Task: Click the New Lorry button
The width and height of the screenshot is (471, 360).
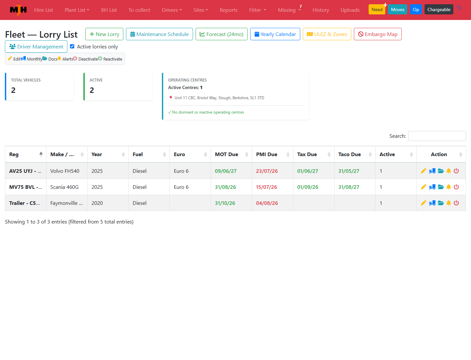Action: (104, 34)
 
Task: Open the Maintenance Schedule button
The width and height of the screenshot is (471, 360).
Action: (159, 34)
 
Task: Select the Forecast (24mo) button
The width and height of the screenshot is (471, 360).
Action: (221, 34)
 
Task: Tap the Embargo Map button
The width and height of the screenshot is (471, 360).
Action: (378, 34)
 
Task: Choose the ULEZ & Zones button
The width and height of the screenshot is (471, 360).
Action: (327, 34)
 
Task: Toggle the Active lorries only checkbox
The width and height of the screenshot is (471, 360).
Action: (72, 46)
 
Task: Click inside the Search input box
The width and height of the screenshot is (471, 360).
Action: (437, 136)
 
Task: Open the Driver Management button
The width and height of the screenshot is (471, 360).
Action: (36, 46)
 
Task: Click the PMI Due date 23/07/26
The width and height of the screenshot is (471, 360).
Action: (267, 171)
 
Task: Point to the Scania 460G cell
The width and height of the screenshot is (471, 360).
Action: (64, 187)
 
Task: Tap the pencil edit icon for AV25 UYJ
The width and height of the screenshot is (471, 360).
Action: (423, 171)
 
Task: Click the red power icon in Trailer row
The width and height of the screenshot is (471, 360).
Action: (456, 203)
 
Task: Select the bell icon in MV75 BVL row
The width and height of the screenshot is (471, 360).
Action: (448, 187)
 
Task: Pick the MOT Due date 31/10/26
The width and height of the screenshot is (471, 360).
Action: (225, 203)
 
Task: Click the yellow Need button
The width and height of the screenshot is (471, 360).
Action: (377, 9)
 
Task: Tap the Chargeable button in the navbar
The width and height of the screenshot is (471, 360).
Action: (439, 9)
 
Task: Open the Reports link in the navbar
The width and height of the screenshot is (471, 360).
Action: (229, 10)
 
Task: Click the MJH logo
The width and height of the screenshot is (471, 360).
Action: (18, 10)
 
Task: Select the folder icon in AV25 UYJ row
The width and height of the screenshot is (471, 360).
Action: (441, 171)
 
